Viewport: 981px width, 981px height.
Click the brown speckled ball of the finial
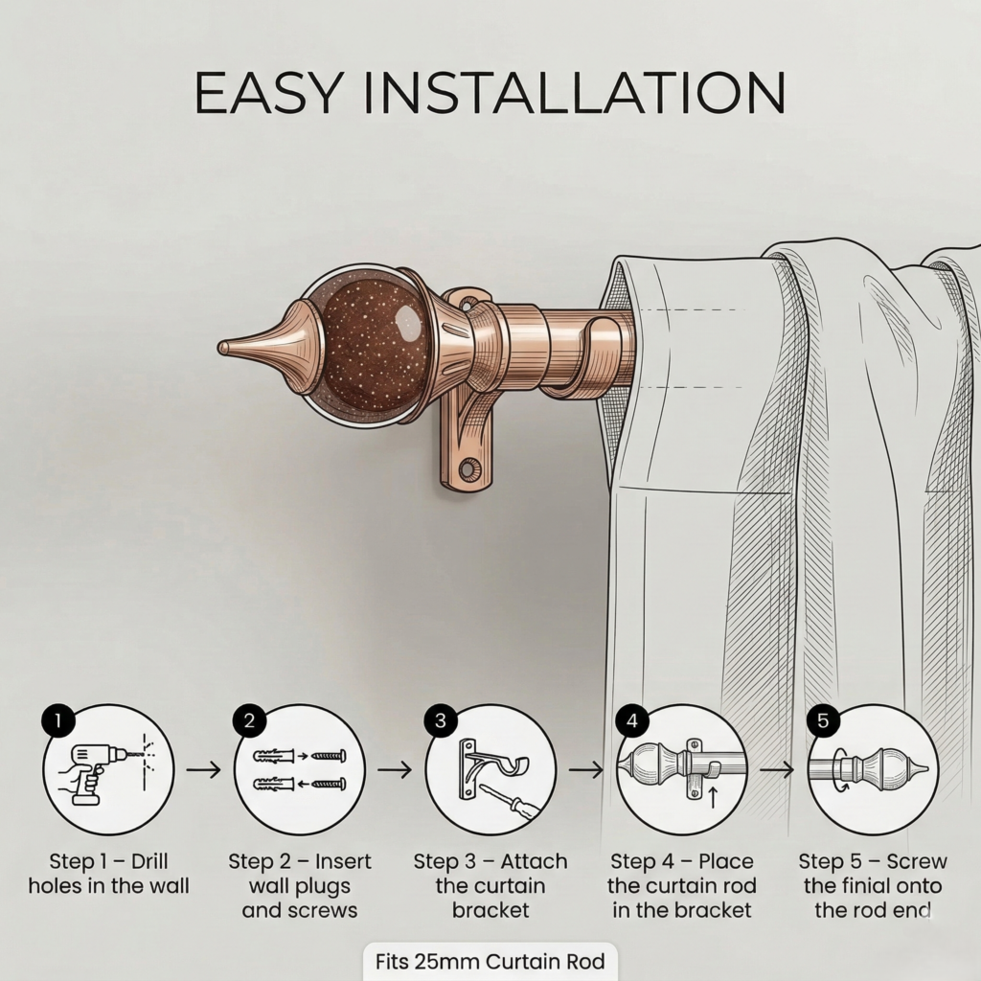(366, 345)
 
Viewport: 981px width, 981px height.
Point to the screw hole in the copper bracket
(468, 469)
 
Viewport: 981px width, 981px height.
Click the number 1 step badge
(57, 721)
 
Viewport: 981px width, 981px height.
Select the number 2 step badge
(249, 721)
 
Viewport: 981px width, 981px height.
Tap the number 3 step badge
(440, 721)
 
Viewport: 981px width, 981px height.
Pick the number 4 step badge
(631, 721)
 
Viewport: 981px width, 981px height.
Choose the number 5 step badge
(822, 721)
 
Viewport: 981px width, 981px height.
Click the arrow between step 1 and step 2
(203, 768)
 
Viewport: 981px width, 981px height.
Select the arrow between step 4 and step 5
(777, 768)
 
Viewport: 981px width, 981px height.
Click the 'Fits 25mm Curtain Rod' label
(490, 961)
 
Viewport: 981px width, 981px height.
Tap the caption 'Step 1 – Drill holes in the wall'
(108, 874)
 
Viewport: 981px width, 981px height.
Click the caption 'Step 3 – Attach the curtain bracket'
(490, 885)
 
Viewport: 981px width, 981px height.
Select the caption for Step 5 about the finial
(873, 885)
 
